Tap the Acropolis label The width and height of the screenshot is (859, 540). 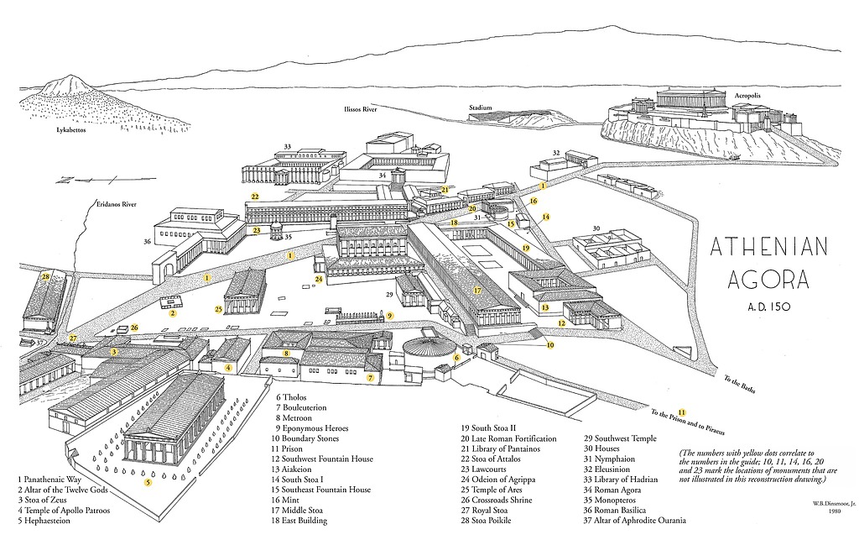coord(747,96)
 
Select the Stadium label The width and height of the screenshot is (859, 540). coord(481,107)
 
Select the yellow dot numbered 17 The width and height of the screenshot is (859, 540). coord(477,291)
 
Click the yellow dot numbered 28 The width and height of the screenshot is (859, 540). coord(46,275)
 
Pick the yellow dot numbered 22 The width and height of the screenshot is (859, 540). coord(254,197)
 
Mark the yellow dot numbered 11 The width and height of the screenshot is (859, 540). coord(682,412)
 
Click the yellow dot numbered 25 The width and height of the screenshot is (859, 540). coord(218,309)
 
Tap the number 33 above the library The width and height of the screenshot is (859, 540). coord(288,148)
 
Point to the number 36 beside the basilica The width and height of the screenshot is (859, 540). coord(148,243)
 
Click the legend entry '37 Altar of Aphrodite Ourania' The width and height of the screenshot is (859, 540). coord(635,521)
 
